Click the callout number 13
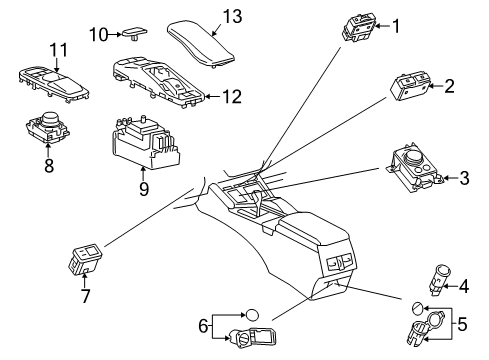[x=232, y=17]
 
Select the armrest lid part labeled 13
[x=201, y=45]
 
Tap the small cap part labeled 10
[x=135, y=34]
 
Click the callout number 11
[x=59, y=50]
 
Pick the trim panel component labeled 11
[x=53, y=85]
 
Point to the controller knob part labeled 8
[x=48, y=128]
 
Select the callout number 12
[x=232, y=97]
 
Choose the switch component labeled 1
[x=358, y=28]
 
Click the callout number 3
[x=464, y=178]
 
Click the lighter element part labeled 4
[x=439, y=280]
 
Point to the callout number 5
[x=462, y=324]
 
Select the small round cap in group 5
[x=417, y=308]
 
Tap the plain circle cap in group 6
[x=252, y=315]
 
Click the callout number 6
[x=203, y=326]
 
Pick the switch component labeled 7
[x=85, y=260]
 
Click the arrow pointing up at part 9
[x=143, y=174]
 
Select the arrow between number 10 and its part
[x=115, y=34]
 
